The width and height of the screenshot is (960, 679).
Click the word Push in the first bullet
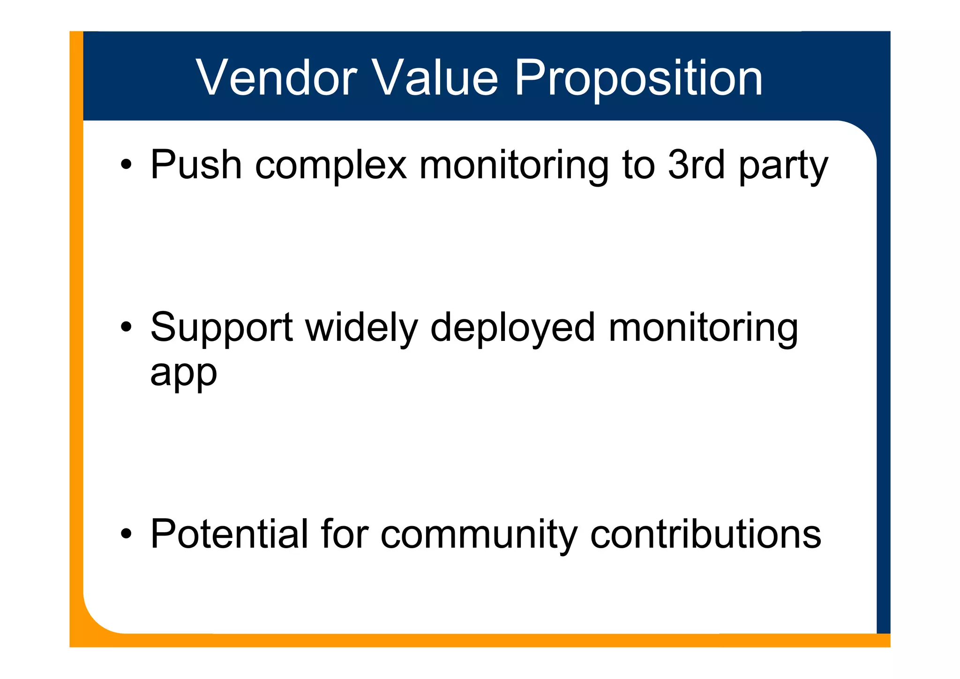(x=196, y=165)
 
